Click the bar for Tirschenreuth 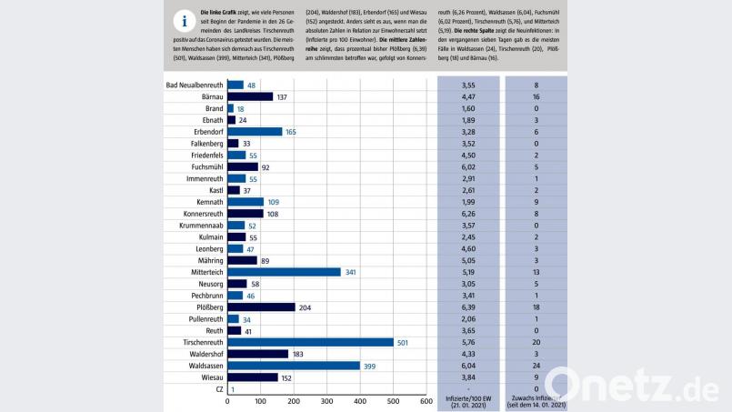click(310, 342)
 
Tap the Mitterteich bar click(284, 272)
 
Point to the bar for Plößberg click(261, 307)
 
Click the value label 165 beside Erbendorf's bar click(292, 132)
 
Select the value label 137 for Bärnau click(283, 96)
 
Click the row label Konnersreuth click(197, 214)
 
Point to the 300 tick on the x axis click(327, 401)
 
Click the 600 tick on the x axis click(426, 401)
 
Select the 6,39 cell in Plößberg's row click(468, 307)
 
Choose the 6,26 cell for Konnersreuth click(468, 214)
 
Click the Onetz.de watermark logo click(636, 385)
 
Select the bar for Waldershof click(257, 354)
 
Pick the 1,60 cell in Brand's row click(468, 108)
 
